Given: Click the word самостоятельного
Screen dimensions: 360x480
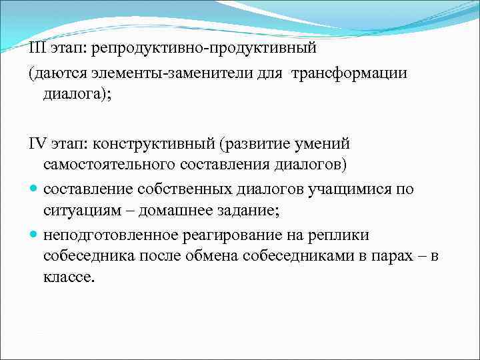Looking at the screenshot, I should [x=101, y=163].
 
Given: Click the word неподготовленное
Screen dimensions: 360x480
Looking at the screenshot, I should [x=110, y=235].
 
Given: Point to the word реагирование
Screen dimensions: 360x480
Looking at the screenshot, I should [x=231, y=235].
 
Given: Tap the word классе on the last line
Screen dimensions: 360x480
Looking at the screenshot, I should [x=70, y=276].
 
